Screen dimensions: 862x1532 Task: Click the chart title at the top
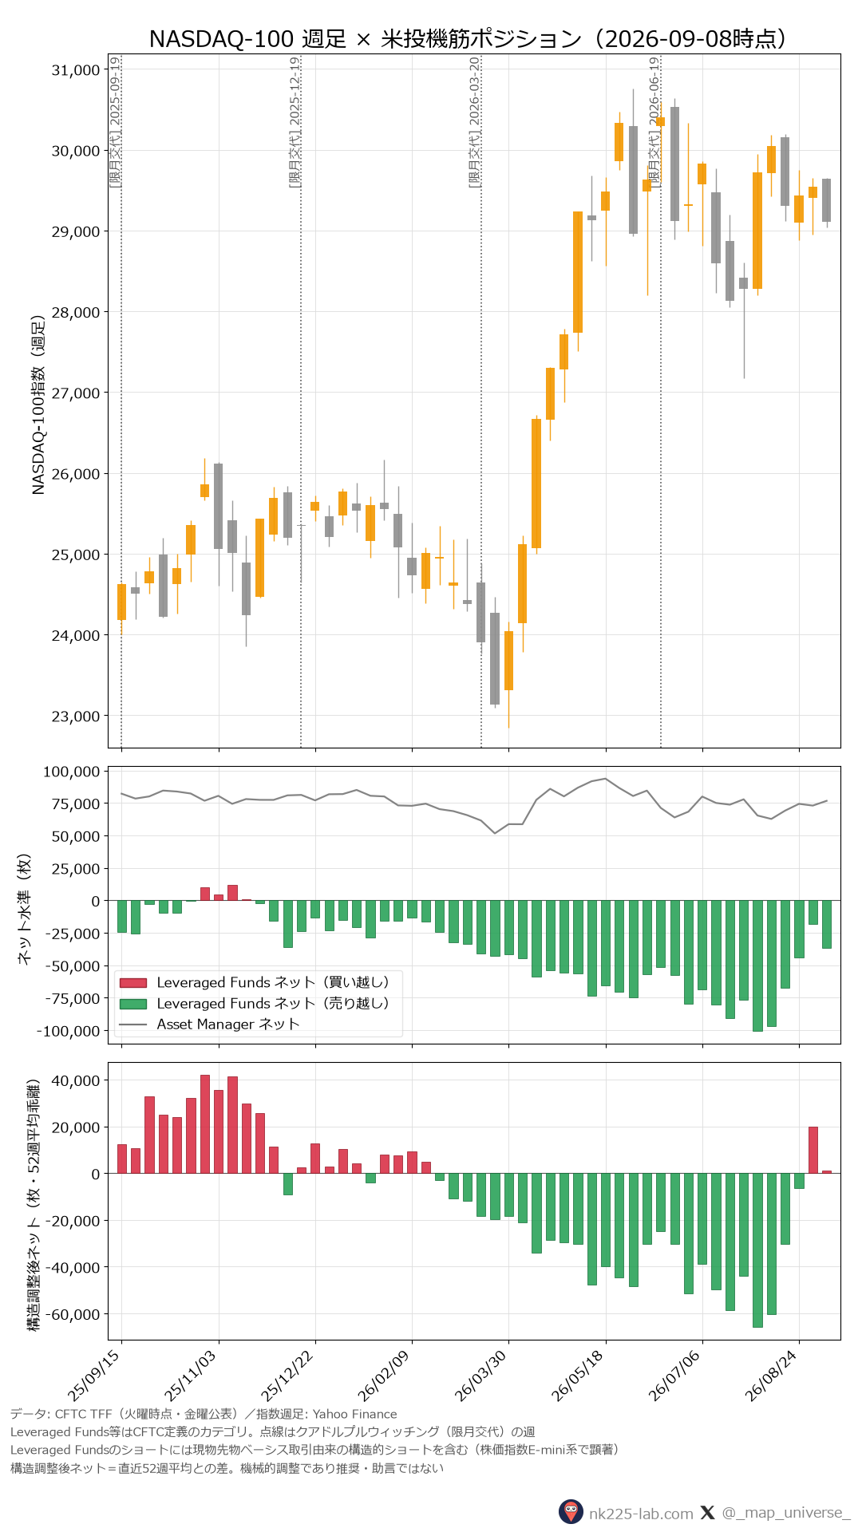point(468,38)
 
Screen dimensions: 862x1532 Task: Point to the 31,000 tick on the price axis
point(76,70)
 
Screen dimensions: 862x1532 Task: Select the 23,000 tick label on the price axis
point(76,717)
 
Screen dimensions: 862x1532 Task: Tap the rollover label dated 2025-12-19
point(295,122)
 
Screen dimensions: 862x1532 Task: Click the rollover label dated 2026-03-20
point(474,122)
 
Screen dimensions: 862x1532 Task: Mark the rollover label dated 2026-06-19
point(654,122)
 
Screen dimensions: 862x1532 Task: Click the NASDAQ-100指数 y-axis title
point(38,405)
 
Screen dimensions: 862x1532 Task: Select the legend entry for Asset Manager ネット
point(228,1025)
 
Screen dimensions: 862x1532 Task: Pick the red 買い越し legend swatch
point(133,983)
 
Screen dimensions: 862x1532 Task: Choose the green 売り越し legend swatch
point(133,1004)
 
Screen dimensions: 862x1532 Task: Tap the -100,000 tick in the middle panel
point(69,1031)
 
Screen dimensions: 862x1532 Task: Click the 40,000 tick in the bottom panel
point(76,1080)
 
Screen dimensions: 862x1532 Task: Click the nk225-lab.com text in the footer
point(641,1513)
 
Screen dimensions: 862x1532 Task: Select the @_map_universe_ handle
point(786,1513)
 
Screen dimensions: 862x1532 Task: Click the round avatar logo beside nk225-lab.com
point(571,1512)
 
